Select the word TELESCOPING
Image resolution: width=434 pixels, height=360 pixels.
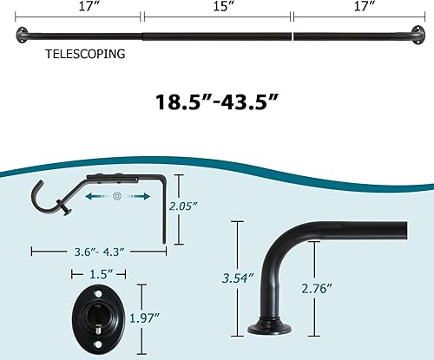coord(85,53)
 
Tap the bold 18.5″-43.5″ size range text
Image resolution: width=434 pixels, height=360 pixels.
coord(216,101)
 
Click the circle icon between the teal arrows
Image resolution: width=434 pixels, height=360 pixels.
coord(115,197)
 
